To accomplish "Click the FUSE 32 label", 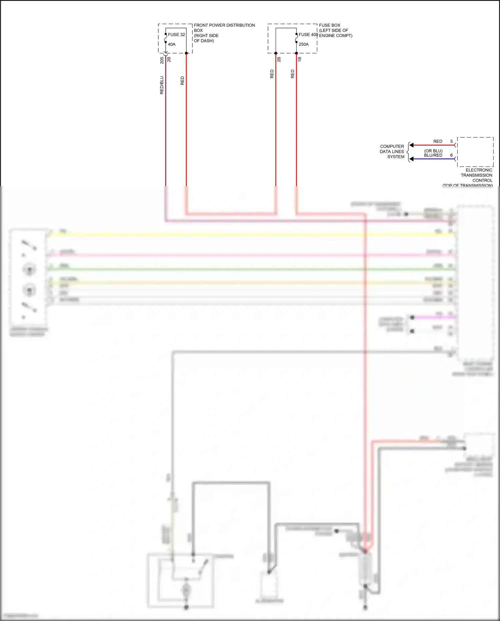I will tap(176, 35).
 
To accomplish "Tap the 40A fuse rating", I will tap(172, 44).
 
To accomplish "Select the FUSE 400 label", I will tap(308, 35).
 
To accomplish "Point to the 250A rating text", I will tap(304, 44).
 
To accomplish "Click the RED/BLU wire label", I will tap(162, 85).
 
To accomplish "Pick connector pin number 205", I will tap(162, 60).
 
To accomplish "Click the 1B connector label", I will tap(300, 59).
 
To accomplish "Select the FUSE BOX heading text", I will tap(330, 25).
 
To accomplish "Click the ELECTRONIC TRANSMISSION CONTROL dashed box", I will tap(475, 152).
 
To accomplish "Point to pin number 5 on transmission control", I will tap(452, 141).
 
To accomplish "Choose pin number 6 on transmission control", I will tap(452, 155).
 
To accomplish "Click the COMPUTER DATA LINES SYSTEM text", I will tap(392, 151).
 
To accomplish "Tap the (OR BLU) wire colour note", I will tap(433, 151).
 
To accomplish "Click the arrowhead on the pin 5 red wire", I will tap(412, 145).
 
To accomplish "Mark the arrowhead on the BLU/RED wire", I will tap(412, 159).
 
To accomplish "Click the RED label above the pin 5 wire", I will tap(438, 141).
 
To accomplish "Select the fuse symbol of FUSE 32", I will tap(166, 38).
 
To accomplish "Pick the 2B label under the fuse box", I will tap(279, 59).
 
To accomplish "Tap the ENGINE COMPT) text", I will tap(336, 36).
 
